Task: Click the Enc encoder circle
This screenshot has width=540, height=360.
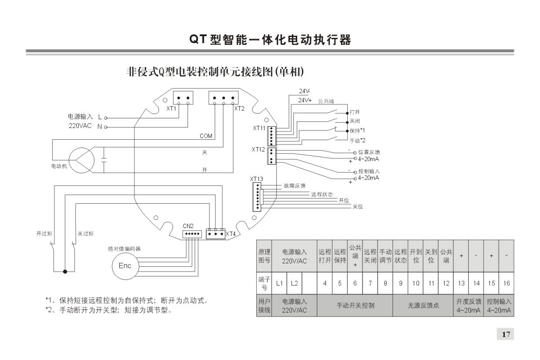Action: [x=125, y=266]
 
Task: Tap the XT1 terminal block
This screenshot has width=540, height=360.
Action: [x=183, y=98]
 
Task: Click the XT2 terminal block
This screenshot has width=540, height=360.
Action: [x=223, y=98]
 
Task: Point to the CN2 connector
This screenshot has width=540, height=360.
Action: [x=192, y=234]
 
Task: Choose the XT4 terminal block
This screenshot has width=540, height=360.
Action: [x=215, y=234]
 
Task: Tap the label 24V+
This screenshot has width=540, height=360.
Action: [x=305, y=100]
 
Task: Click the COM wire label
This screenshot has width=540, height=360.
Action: [x=206, y=136]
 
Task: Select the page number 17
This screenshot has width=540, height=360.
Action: [x=505, y=334]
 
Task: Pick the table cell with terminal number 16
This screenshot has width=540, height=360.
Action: [x=506, y=283]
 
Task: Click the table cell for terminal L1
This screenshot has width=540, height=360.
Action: [x=279, y=283]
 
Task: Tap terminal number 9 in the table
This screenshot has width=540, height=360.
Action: [x=400, y=283]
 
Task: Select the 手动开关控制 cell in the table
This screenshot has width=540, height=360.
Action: [x=355, y=305]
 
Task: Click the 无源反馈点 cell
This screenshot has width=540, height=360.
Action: [x=423, y=305]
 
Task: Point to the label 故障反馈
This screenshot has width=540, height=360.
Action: [x=295, y=186]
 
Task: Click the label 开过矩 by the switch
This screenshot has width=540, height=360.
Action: [x=44, y=234]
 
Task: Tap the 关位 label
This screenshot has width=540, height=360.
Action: [x=357, y=207]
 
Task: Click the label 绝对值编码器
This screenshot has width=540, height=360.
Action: [x=124, y=249]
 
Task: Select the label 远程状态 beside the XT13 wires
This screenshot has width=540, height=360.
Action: [x=322, y=195]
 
